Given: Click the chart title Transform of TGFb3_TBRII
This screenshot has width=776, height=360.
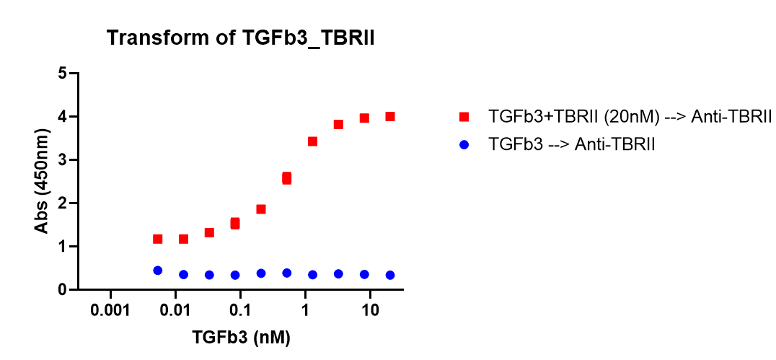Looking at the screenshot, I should click(x=241, y=38).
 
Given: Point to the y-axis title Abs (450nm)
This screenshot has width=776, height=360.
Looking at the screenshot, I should click(x=43, y=181).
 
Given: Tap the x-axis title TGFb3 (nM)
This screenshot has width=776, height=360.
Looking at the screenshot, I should click(x=241, y=337).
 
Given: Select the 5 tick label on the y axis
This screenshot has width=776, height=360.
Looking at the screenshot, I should click(x=63, y=73).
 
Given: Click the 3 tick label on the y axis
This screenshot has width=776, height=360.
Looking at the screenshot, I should click(x=63, y=159).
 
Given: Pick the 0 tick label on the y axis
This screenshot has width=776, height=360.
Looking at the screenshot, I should click(x=63, y=289).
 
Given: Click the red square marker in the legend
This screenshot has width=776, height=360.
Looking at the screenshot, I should click(x=464, y=117).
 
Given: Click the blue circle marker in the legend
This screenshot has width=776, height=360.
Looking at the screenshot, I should click(x=464, y=144).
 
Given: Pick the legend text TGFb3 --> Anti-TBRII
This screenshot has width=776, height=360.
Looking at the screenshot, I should click(x=572, y=144).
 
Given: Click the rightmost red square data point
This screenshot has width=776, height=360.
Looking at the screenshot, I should click(x=390, y=116).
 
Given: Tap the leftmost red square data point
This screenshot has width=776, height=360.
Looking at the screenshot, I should click(x=157, y=239).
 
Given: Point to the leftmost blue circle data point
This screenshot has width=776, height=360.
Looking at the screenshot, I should click(x=157, y=271).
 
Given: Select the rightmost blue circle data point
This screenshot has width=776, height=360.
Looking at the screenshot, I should click(x=390, y=275).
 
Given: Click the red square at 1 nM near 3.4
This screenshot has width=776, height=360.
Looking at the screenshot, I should click(x=312, y=141).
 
